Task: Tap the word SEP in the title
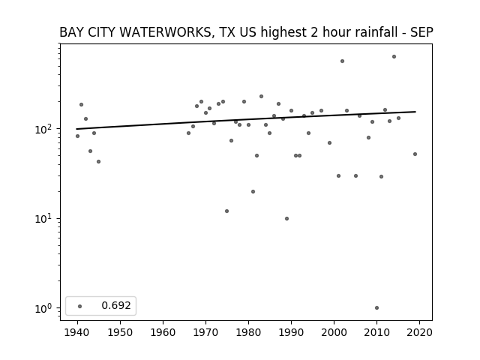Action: [x=421, y=32]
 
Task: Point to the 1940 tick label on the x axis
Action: [x=77, y=332]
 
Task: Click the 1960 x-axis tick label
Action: [x=163, y=332]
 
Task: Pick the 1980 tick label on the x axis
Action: [x=248, y=332]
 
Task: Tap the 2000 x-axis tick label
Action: [x=334, y=332]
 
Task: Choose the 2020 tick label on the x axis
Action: [x=419, y=332]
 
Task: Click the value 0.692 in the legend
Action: [x=116, y=305]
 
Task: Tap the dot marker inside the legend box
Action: [x=80, y=306]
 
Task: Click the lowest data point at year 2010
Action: [x=376, y=308]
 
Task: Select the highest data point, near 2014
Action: [x=394, y=57]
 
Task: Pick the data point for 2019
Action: [x=415, y=154]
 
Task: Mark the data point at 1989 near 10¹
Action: [x=286, y=218]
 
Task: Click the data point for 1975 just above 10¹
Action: [x=226, y=211]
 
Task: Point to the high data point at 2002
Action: [x=342, y=61]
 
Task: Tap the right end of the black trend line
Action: [x=415, y=112]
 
